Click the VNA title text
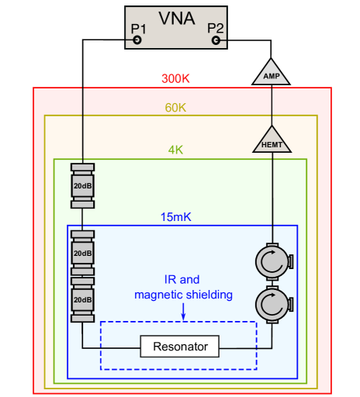click(177, 18)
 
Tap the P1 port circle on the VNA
click(137, 39)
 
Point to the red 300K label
click(177, 79)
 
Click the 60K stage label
click(175, 108)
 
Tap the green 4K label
click(176, 150)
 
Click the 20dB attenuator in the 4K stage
click(82, 186)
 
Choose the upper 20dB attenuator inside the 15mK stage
click(82, 253)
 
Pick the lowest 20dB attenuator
click(82, 299)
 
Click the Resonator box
click(180, 346)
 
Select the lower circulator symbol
click(272, 302)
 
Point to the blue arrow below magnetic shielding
click(183, 311)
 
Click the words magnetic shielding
click(183, 295)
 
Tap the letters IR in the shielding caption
click(171, 279)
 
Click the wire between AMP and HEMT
click(271, 105)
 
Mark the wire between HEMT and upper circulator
click(272, 198)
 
